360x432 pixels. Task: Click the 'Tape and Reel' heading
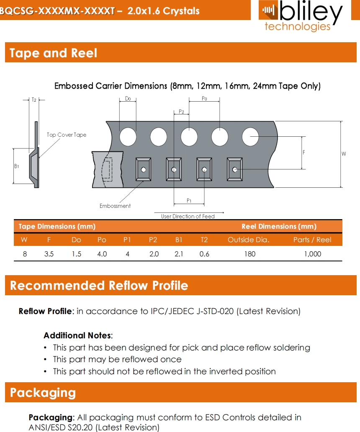[x=53, y=53]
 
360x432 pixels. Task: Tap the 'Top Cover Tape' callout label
[x=66, y=135]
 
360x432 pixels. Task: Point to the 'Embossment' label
[x=115, y=206]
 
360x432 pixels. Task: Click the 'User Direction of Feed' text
[x=188, y=216]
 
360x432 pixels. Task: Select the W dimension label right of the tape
[x=344, y=154]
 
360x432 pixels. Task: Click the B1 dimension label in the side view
[x=16, y=166]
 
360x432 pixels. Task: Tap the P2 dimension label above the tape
[x=181, y=112]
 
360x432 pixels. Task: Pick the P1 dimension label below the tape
[x=189, y=201]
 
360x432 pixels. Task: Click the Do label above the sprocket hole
[x=128, y=99]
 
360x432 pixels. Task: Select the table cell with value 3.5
[x=49, y=254]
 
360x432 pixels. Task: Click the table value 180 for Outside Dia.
[x=249, y=254]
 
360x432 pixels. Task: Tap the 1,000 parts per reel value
[x=312, y=254]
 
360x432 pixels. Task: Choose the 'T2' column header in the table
[x=204, y=240]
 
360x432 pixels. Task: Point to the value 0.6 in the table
[x=204, y=254]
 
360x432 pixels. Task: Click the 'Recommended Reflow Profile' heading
[x=99, y=286]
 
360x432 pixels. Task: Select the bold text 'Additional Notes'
[x=77, y=335]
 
